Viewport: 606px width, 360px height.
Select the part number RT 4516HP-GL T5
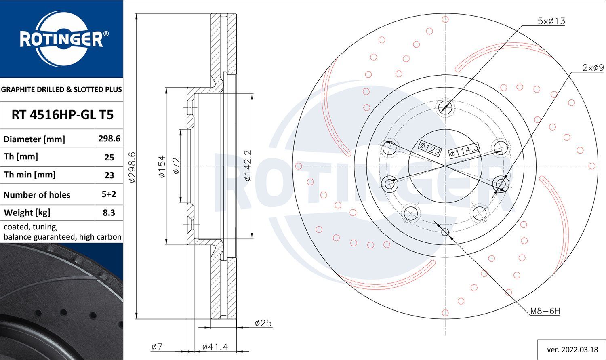pos(63,115)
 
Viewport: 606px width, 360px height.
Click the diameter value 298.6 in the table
pos(109,139)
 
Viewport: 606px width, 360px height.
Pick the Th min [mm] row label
pos(30,175)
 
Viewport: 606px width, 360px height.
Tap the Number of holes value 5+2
pos(109,194)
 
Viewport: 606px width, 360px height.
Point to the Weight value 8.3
pos(109,213)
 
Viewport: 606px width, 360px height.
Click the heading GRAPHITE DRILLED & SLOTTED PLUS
pos(61,89)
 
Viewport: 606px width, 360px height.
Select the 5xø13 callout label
pos(551,21)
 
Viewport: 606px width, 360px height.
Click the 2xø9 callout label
pos(593,67)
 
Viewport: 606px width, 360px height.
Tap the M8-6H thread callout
pos(545,312)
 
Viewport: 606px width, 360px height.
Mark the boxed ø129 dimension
pos(430,149)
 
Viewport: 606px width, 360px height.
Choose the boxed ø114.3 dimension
pos(464,151)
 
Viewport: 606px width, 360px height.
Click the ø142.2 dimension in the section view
pos(248,166)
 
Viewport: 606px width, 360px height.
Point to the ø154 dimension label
pos(162,166)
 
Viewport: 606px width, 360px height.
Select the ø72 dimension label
pos(176,166)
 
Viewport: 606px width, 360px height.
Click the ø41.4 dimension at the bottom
pos(215,347)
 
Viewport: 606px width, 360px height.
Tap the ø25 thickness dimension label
pos(263,323)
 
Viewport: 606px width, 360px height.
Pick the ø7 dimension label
pos(157,347)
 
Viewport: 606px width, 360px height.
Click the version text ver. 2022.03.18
pos(572,350)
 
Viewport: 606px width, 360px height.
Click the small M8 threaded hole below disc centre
pos(445,232)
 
